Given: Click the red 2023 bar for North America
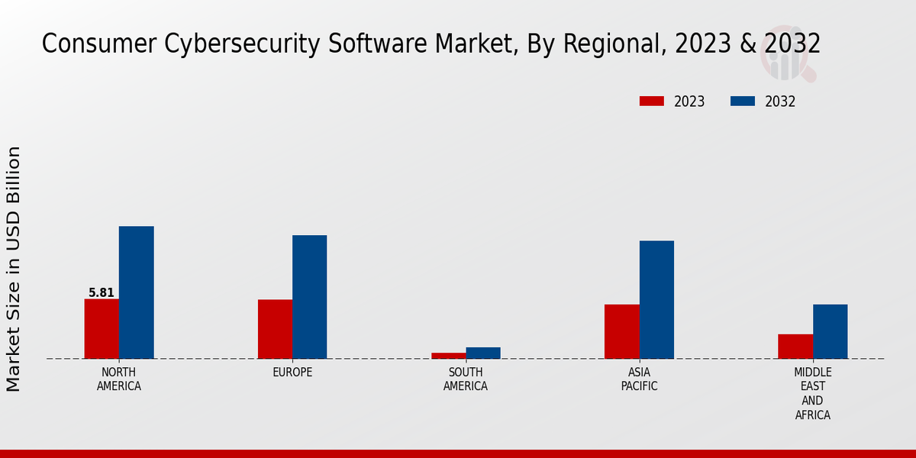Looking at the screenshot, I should pyautogui.click(x=102, y=328).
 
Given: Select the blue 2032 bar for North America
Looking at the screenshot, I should pyautogui.click(x=136, y=292).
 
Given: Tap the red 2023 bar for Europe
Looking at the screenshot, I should pyautogui.click(x=275, y=329).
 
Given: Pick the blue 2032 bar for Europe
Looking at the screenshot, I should pyautogui.click(x=309, y=297).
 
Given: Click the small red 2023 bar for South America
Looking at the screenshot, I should pyautogui.click(x=448, y=355).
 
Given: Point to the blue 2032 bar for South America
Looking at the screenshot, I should pyautogui.click(x=483, y=353).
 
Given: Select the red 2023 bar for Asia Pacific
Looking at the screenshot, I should pyautogui.click(x=621, y=331).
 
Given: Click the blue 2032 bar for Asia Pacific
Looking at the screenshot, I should pyautogui.click(x=656, y=299).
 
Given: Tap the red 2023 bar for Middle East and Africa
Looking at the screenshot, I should pyautogui.click(x=795, y=346).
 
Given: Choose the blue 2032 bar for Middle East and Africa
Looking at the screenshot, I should pyautogui.click(x=830, y=331).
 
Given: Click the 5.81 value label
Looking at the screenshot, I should pyautogui.click(x=102, y=292).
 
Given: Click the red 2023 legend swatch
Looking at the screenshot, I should pyautogui.click(x=652, y=102).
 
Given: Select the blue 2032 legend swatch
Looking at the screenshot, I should pyautogui.click(x=743, y=102).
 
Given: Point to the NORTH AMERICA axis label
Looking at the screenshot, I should pyautogui.click(x=119, y=379).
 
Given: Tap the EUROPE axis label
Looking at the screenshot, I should pyautogui.click(x=292, y=373).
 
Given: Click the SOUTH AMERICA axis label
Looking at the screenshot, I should pyautogui.click(x=466, y=379).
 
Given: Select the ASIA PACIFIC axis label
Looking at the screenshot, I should pyautogui.click(x=639, y=379).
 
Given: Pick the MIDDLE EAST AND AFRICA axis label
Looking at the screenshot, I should pyautogui.click(x=812, y=394).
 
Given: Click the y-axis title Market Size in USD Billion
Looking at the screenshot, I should pyautogui.click(x=14, y=269).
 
